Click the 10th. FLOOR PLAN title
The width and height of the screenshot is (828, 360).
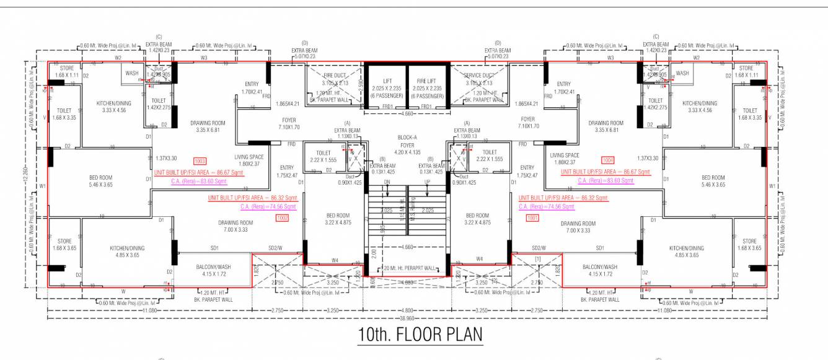(x=420, y=335)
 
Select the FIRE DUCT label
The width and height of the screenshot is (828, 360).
(x=335, y=76)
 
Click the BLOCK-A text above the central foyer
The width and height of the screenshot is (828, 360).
(x=407, y=137)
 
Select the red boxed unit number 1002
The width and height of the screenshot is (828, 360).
(x=283, y=218)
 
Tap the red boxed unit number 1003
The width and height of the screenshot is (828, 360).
(x=200, y=160)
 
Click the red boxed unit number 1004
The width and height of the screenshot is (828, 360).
(x=608, y=159)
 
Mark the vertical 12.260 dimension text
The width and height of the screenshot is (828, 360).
(x=25, y=173)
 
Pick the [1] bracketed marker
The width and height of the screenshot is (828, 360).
(x=538, y=257)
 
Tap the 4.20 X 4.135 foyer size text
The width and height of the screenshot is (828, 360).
(x=407, y=151)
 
